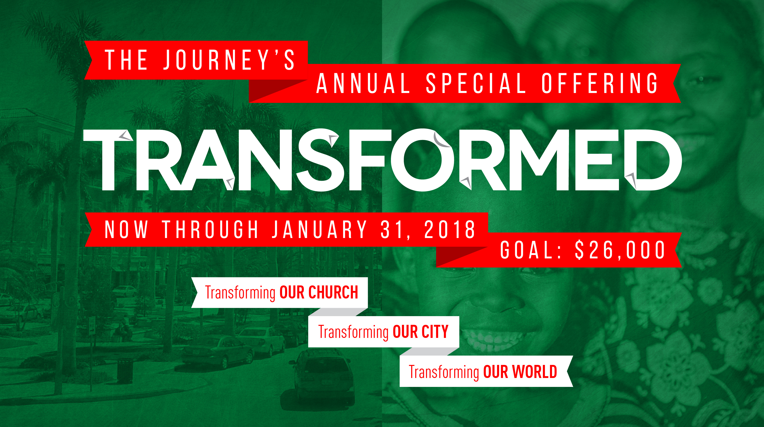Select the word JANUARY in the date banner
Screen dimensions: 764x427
319,229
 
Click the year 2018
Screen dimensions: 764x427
450,229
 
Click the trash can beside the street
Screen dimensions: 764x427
125,371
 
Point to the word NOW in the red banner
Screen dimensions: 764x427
126,229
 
